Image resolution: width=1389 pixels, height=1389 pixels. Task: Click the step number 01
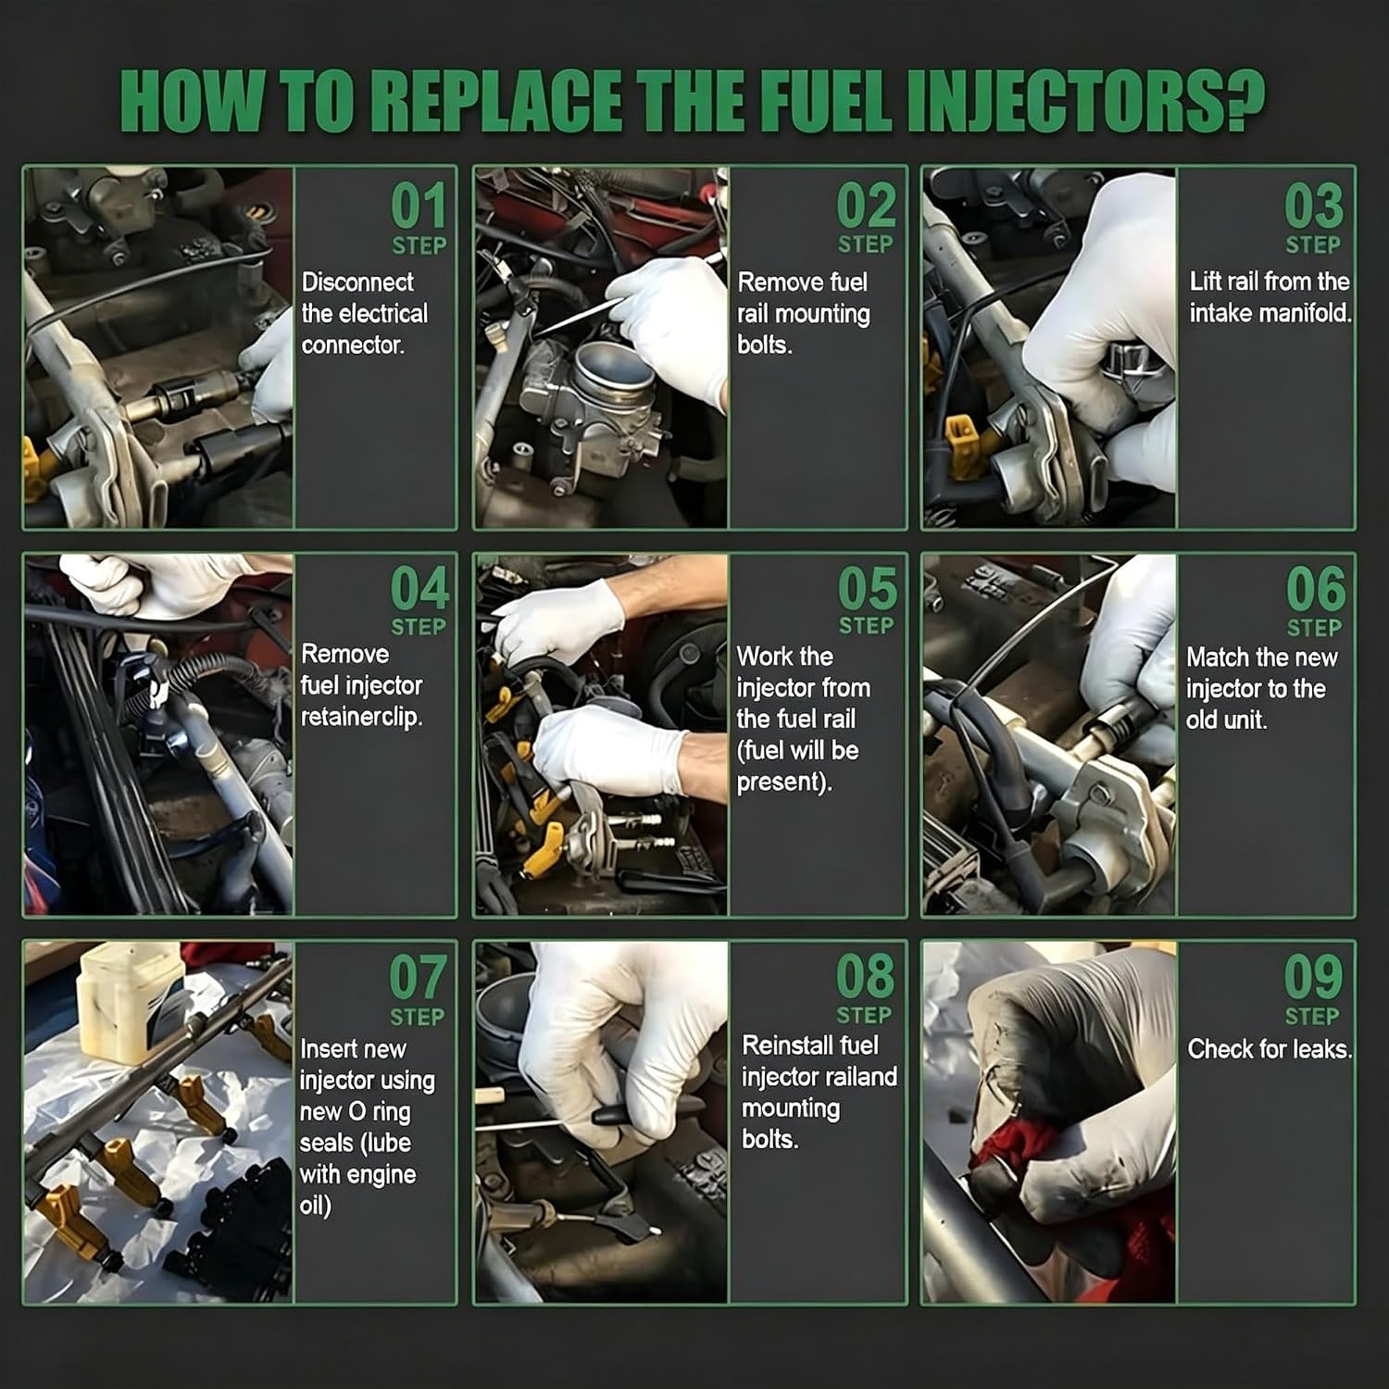pyautogui.click(x=419, y=206)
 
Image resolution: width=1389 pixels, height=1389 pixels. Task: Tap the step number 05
pyautogui.click(x=868, y=589)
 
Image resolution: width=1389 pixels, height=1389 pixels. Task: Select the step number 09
pyautogui.click(x=1312, y=978)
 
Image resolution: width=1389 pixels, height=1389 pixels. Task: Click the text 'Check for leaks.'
pyautogui.click(x=1270, y=1049)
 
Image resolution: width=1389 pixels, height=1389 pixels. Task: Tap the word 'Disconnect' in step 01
pyautogui.click(x=357, y=282)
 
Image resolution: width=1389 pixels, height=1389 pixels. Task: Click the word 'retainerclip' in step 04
pyautogui.click(x=361, y=718)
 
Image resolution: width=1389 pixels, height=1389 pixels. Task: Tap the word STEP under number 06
pyautogui.click(x=1313, y=628)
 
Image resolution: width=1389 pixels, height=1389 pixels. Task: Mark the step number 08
pyautogui.click(x=866, y=977)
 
